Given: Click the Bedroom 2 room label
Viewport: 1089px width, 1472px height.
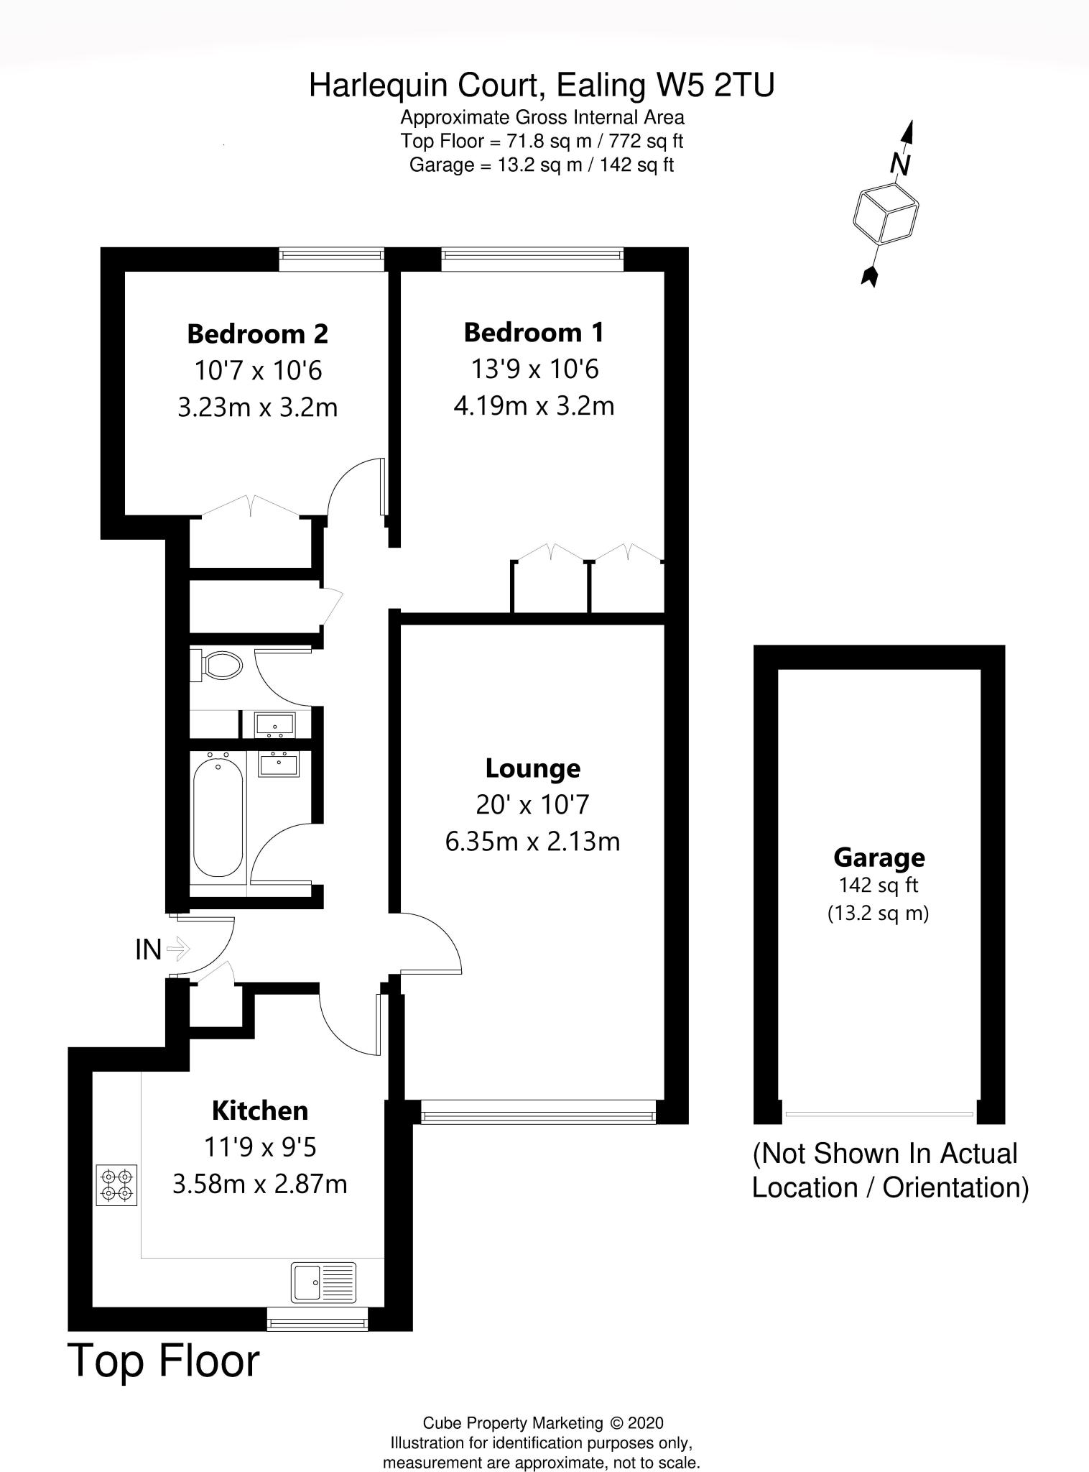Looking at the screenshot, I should coord(257,334).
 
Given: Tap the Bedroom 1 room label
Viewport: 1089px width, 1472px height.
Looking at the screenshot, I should coord(534,333).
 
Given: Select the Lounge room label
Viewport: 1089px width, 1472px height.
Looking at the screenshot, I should coord(532,768).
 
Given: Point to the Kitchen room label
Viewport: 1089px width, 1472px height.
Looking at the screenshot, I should coord(259,1110).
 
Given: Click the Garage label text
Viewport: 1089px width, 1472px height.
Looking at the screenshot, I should coord(879,857).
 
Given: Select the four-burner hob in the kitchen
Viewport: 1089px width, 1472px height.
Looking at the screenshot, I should coord(116,1185).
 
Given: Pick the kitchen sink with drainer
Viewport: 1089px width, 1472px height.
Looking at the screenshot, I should coord(323,1283).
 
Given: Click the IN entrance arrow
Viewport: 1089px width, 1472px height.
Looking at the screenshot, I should coord(177,949).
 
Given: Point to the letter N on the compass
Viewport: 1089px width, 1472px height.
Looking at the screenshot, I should coord(900,165).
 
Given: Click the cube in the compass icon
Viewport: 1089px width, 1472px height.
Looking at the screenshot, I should coord(886,213).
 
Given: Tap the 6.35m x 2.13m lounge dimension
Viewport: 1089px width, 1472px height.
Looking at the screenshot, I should coord(532,841).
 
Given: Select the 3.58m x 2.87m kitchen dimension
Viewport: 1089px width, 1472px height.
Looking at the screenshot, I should coord(259,1184).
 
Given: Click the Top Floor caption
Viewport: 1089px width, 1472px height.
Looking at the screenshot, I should coord(164,1361).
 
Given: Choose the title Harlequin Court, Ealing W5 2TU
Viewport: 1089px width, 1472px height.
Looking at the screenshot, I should coord(542,86).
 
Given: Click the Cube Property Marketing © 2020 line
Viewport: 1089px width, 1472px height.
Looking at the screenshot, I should coord(542,1423).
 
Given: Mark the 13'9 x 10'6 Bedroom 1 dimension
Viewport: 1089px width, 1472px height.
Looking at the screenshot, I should coord(534,369).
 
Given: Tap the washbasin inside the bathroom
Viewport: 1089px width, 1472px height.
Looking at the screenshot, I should coord(279,764).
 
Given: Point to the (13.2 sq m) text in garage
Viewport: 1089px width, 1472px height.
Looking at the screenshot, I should coord(878,914).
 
